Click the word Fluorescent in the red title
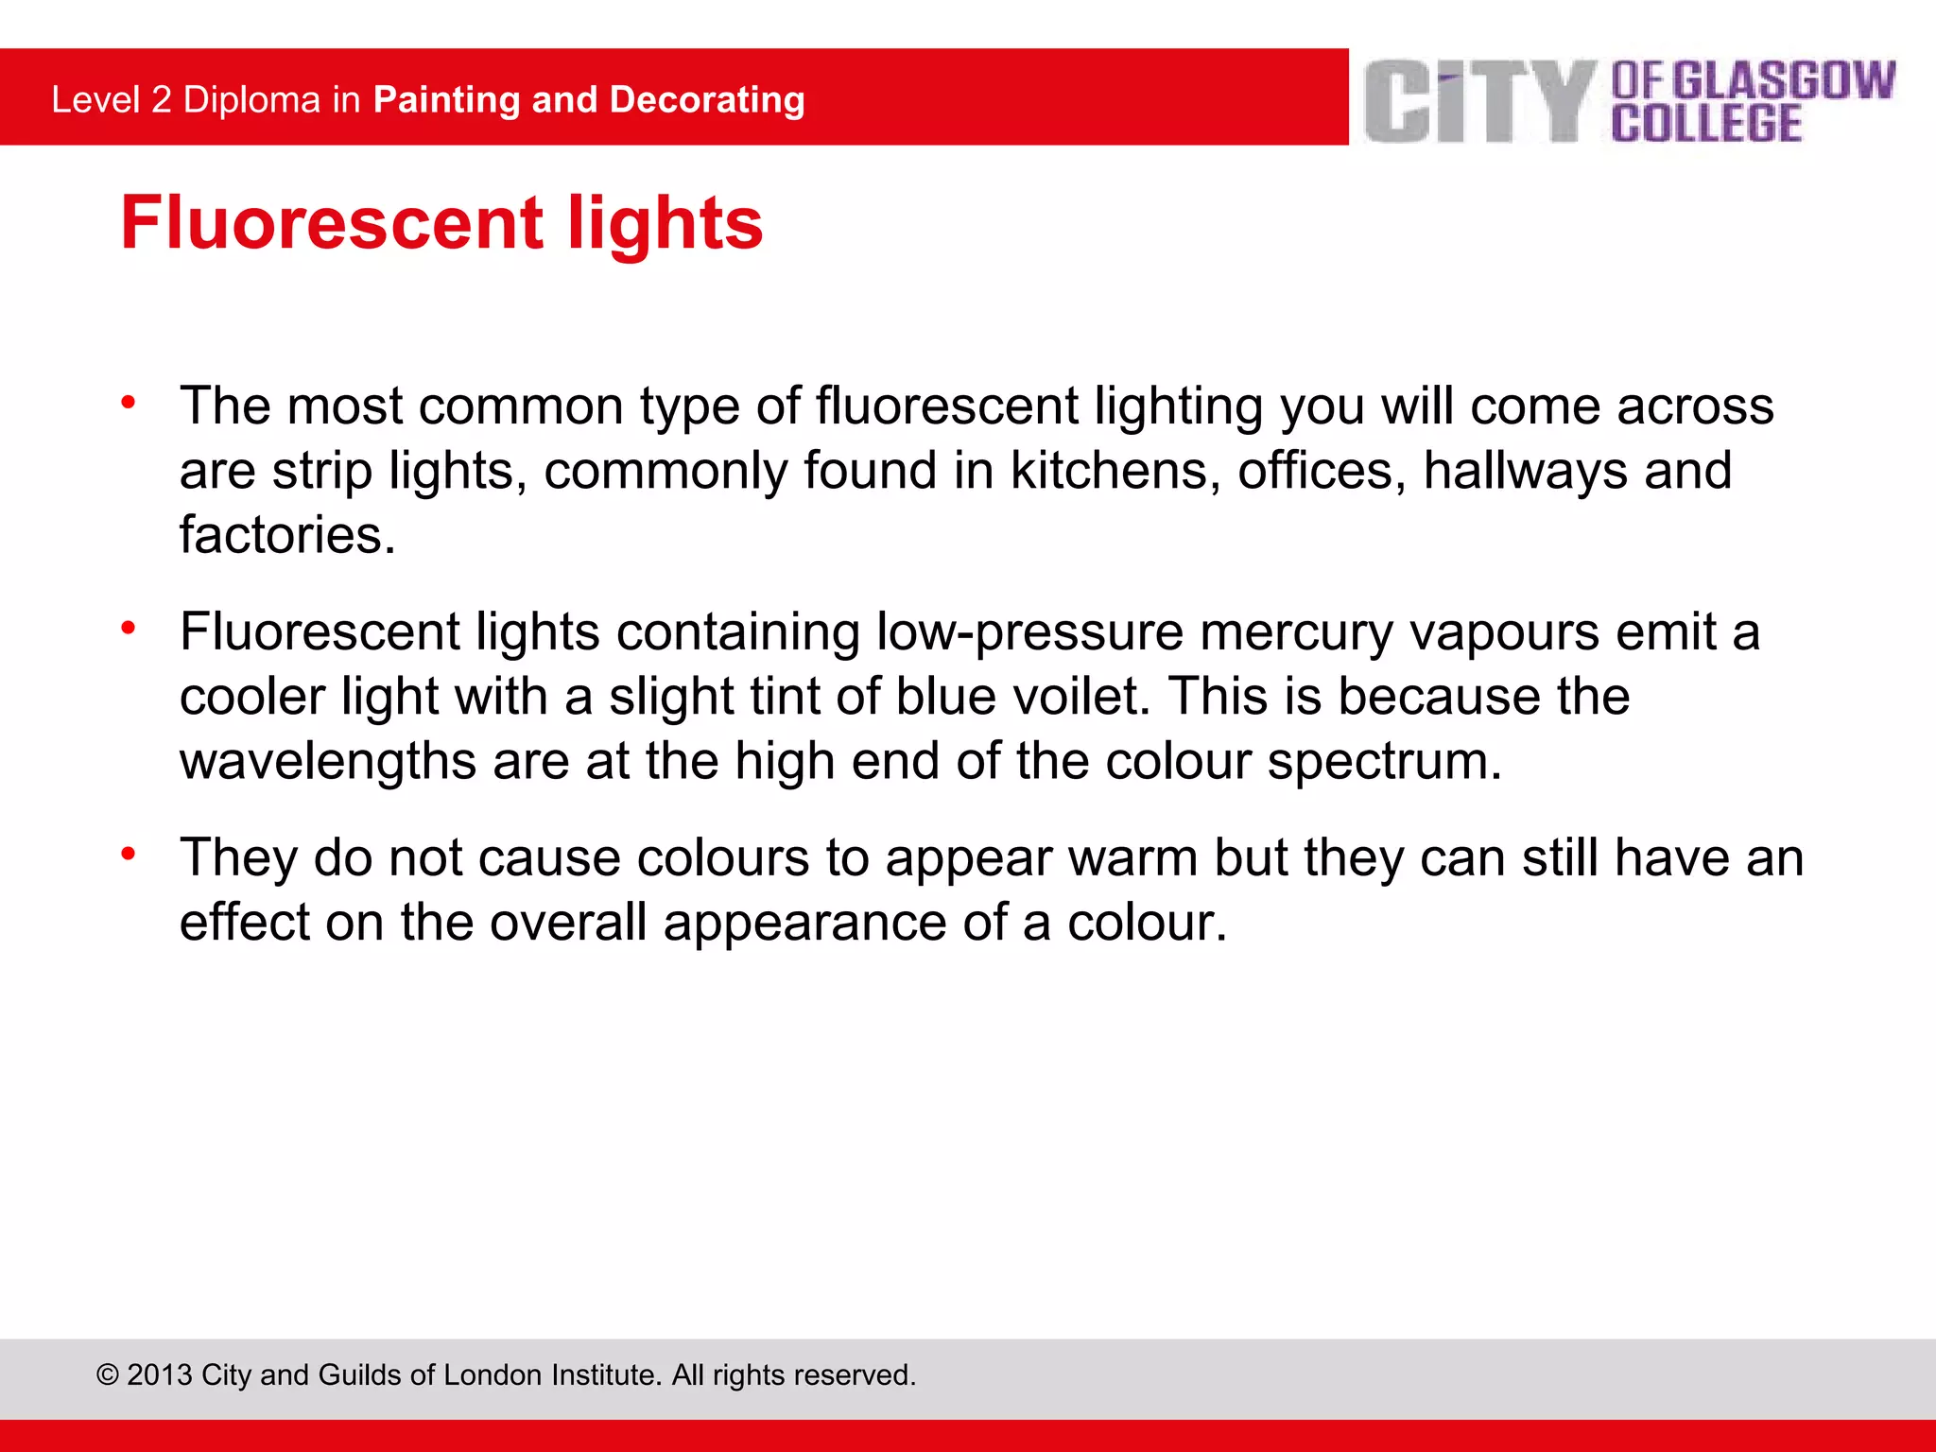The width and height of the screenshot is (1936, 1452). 332,223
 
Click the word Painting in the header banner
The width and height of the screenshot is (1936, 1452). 446,100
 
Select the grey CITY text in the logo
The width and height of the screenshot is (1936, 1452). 1480,102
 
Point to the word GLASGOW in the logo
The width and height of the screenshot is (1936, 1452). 1785,80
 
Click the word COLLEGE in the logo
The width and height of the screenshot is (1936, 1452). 1706,124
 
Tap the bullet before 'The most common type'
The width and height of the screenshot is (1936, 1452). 129,403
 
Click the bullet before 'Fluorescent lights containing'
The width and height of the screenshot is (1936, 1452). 129,628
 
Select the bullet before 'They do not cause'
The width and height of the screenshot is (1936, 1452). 129,854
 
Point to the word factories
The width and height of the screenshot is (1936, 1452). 287,535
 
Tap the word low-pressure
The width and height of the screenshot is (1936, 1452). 1029,632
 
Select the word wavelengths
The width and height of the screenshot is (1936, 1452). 328,761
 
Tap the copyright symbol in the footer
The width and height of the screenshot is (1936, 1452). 108,1374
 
